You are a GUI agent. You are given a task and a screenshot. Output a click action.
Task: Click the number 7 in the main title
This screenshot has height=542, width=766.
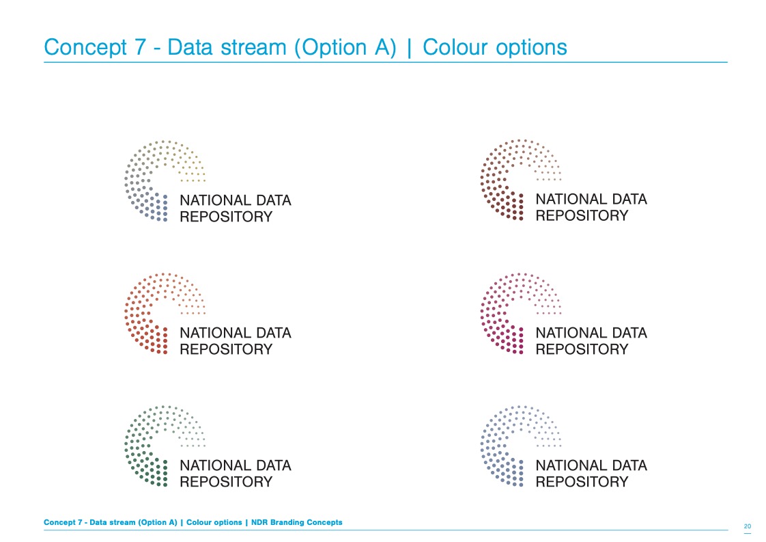[x=140, y=47]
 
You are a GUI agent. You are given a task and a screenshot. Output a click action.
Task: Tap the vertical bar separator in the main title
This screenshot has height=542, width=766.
[x=410, y=48]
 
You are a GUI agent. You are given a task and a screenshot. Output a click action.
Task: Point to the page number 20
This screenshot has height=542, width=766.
[x=748, y=526]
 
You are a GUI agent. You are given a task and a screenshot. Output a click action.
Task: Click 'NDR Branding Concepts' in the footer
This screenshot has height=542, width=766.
[x=296, y=522]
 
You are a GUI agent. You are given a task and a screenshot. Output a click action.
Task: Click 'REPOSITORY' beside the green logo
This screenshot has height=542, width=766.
[x=226, y=482]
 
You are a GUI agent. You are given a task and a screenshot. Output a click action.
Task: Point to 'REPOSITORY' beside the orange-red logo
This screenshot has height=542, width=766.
[x=226, y=349]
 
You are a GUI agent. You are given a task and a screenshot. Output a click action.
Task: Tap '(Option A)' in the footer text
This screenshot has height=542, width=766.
[x=158, y=522]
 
